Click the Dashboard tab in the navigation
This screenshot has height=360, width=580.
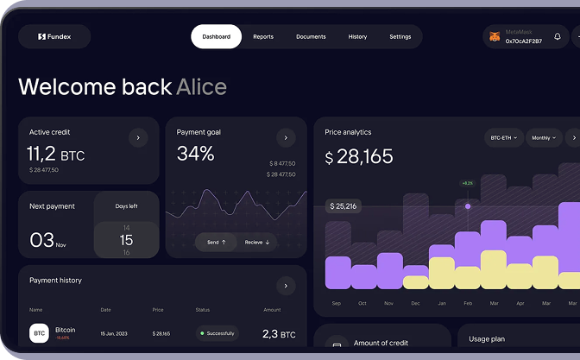click(x=216, y=37)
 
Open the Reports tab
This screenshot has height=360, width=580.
click(x=263, y=37)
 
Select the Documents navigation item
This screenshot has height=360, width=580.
click(x=311, y=37)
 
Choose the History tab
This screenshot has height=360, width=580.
click(x=357, y=37)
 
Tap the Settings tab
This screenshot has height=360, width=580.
click(x=400, y=37)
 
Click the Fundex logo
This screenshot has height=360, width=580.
click(x=54, y=37)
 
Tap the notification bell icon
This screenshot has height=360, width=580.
click(x=558, y=37)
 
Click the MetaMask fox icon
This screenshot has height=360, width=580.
click(x=495, y=37)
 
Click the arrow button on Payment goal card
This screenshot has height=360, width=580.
click(x=286, y=137)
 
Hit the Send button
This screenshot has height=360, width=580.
click(x=216, y=243)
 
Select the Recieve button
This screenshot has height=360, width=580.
click(x=257, y=243)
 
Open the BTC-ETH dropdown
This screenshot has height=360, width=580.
click(x=504, y=138)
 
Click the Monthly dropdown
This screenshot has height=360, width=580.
click(x=544, y=138)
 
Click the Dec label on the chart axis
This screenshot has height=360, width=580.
click(x=415, y=304)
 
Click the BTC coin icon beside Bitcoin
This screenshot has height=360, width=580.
click(x=39, y=333)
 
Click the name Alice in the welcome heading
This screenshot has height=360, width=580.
click(x=201, y=86)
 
